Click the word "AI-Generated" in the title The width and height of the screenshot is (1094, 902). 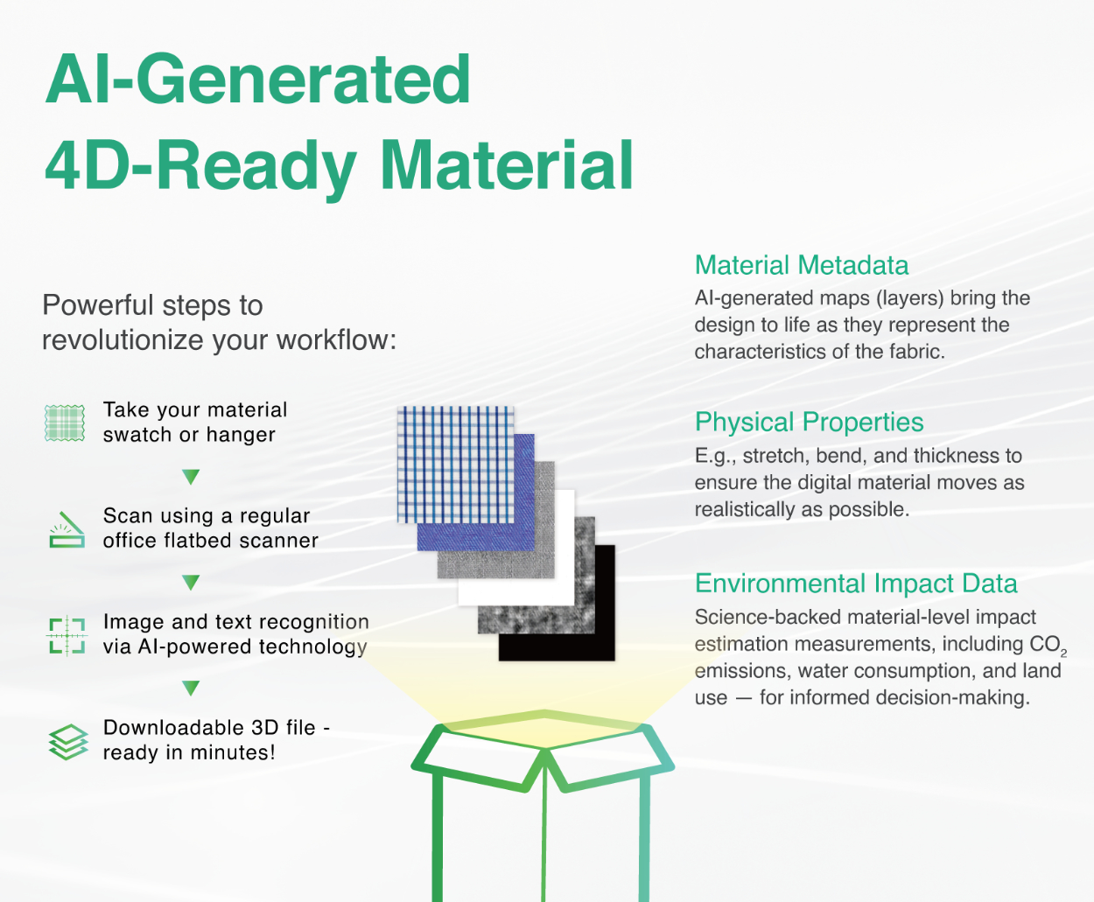258,80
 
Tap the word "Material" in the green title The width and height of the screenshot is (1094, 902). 508,165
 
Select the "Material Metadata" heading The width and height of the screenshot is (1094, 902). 801,265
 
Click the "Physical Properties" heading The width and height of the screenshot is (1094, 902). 809,423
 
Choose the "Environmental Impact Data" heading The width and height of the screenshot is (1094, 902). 856,584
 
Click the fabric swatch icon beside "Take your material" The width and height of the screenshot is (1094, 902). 65,423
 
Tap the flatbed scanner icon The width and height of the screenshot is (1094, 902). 67,529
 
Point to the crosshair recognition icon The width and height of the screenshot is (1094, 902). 67,635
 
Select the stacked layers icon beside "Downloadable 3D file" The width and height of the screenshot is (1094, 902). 68,741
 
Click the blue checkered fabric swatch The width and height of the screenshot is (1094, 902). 455,465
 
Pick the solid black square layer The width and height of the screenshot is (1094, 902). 557,604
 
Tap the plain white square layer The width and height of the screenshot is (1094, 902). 516,548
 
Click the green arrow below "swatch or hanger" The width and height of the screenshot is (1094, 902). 191,477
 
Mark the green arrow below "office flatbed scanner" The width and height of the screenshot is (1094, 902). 191,583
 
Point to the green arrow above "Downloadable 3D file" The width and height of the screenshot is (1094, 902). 191,689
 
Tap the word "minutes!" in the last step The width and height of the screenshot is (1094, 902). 233,752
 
